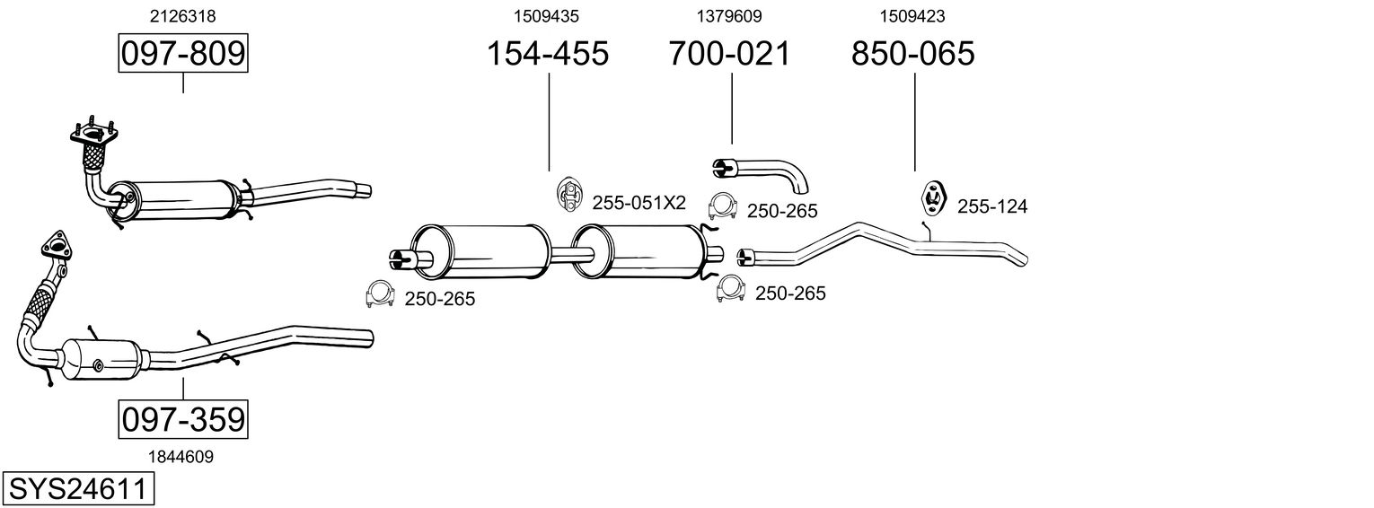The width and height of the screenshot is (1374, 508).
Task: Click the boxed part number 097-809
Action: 183,54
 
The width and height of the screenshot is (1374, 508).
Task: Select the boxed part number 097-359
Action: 183,419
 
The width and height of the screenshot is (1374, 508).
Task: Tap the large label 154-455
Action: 547,54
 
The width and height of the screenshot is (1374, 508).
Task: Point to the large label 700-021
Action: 729,54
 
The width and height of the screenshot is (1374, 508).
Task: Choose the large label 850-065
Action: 912,54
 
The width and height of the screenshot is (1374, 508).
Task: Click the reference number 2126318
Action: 182,15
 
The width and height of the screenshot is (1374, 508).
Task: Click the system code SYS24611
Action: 77,489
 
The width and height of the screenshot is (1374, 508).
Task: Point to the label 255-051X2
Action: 639,204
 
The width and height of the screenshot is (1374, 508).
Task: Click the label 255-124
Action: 991,207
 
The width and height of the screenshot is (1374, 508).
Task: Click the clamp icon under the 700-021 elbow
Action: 723,207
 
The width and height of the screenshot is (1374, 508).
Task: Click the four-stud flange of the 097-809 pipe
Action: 93,136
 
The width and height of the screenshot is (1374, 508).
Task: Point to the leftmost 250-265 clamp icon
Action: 381,294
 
